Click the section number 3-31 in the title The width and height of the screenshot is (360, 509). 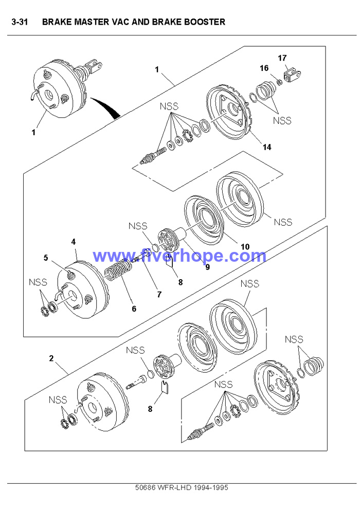[20, 22]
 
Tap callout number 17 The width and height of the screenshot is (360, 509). [282, 58]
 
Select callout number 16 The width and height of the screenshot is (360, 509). [264, 68]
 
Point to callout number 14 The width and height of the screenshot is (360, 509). [266, 147]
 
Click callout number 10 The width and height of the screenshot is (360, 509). [245, 247]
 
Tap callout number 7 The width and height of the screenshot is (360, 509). [159, 295]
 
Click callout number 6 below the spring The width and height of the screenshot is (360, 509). [134, 309]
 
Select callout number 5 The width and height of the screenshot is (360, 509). [46, 257]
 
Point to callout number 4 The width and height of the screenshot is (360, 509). [74, 241]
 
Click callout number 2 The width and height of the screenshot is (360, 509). [51, 358]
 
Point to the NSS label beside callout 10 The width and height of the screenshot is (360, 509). [283, 222]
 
